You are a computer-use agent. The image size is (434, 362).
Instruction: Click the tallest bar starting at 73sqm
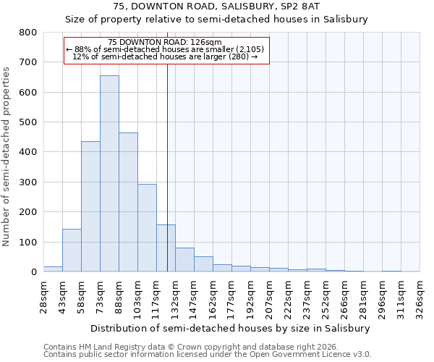(109, 174)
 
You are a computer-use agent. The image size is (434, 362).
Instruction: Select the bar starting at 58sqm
(90, 206)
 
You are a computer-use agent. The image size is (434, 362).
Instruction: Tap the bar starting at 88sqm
(128, 202)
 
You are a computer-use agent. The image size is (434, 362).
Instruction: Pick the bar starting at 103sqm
(147, 228)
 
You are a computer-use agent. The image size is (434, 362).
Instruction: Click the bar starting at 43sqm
(72, 251)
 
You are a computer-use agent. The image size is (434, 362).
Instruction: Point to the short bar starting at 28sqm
(53, 269)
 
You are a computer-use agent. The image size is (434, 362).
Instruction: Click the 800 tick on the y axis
(27, 33)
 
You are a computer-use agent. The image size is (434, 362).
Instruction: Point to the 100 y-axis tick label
(27, 242)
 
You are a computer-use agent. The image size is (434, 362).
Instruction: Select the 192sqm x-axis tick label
(250, 297)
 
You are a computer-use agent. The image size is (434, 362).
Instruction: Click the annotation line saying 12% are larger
(166, 56)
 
